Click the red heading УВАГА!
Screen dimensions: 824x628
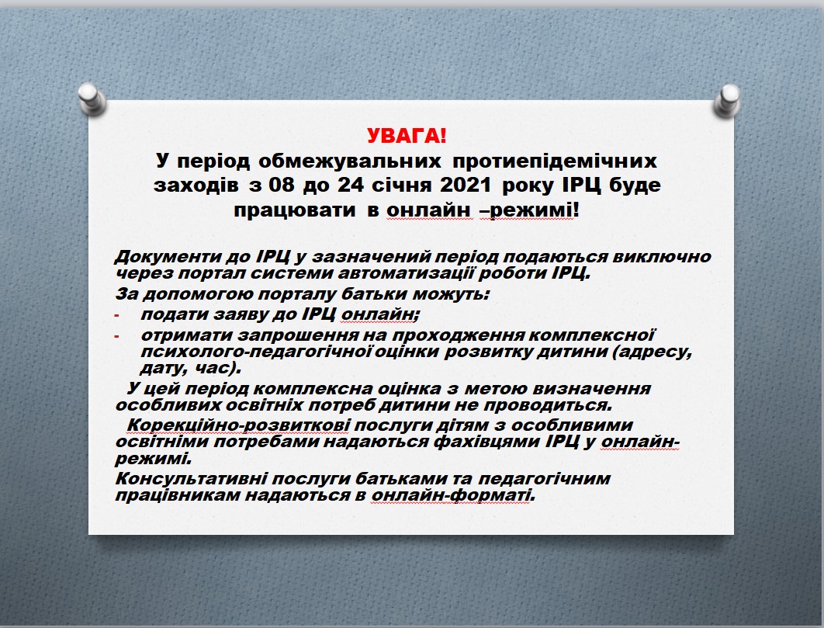point(407,136)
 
